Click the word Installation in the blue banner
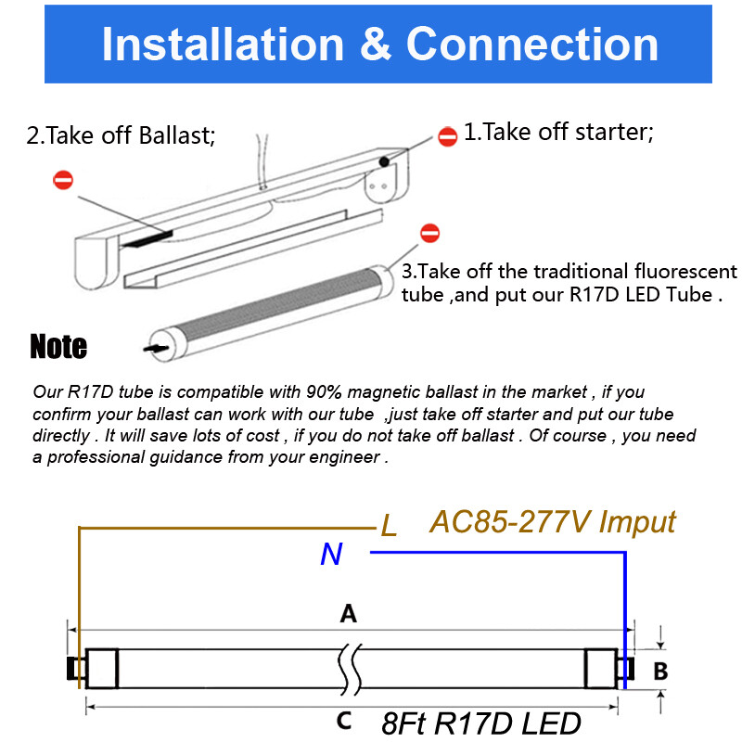[222, 45]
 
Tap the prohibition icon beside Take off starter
[447, 136]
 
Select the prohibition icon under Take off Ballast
[63, 180]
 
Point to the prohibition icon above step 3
[429, 233]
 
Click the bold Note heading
[58, 347]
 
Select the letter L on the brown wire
[390, 527]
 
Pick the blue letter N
[331, 555]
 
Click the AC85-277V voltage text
[510, 521]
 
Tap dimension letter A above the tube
[349, 613]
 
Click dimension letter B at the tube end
[660, 671]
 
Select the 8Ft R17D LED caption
[480, 723]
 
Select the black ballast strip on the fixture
[145, 238]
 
